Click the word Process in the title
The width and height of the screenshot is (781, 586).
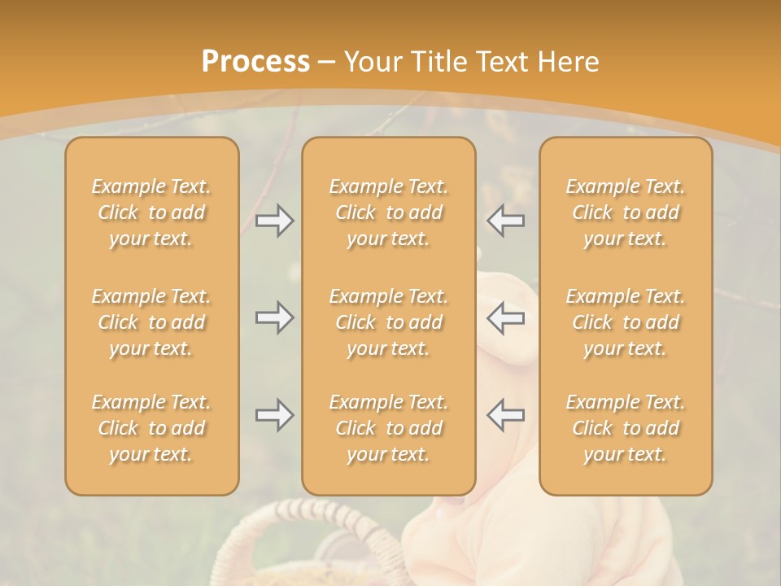[255, 62]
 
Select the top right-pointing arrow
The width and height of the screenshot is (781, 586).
[274, 221]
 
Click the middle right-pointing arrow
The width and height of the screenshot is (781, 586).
[274, 317]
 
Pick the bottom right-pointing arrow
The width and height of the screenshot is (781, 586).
[274, 415]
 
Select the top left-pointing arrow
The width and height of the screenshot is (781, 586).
[505, 221]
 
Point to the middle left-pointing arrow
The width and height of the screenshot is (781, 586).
[505, 317]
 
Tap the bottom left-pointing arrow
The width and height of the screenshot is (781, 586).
[505, 415]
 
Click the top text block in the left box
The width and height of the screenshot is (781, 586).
[151, 212]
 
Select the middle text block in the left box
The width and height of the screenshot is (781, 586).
[151, 322]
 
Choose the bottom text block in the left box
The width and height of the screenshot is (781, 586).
[151, 428]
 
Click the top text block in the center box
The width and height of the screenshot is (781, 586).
[388, 212]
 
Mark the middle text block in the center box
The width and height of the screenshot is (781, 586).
[388, 322]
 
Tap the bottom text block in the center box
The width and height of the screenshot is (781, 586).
[388, 428]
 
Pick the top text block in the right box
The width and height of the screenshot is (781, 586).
[625, 212]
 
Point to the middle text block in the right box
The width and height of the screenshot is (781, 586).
[625, 322]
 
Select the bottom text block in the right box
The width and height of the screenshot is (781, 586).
[625, 428]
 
